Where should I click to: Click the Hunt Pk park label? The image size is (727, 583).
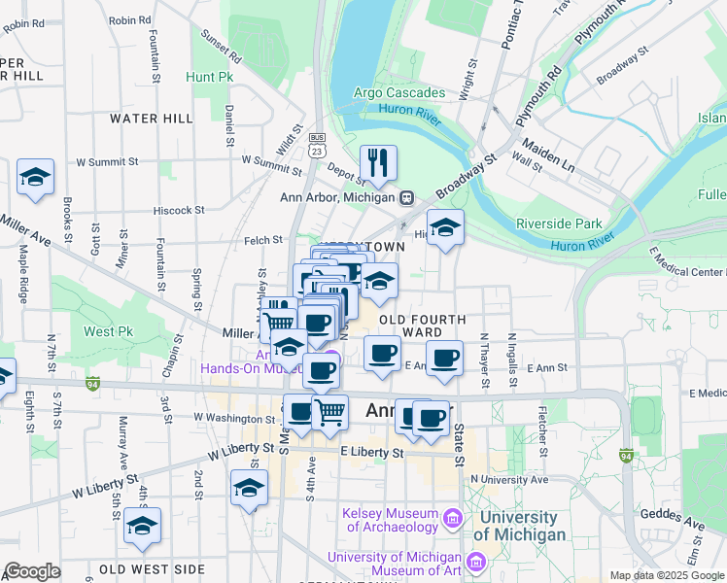[x=210, y=76]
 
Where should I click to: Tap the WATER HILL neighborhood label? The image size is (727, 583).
[x=152, y=119]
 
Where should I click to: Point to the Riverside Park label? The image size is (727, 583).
[x=559, y=223]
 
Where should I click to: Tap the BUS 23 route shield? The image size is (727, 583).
[x=317, y=146]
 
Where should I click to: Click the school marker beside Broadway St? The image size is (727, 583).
[x=446, y=228]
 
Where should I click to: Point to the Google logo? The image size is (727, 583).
[x=32, y=571]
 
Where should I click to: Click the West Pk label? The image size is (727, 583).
[x=108, y=331]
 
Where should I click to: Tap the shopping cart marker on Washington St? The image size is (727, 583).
[x=329, y=412]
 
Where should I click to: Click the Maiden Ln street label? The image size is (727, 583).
[x=548, y=155]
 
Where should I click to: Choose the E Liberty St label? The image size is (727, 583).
[x=371, y=453]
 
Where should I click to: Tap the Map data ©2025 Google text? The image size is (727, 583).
[x=666, y=575]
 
